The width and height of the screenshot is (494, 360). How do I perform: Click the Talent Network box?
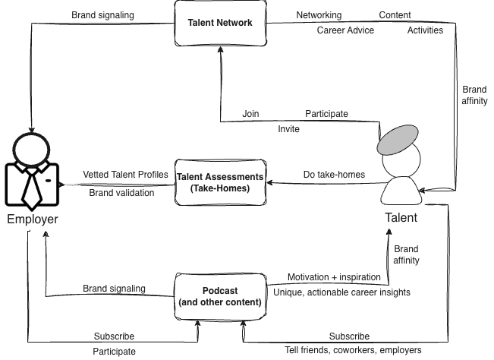(219, 23)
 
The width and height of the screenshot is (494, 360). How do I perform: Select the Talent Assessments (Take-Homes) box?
(219, 182)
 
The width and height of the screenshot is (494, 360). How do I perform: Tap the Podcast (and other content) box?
(219, 296)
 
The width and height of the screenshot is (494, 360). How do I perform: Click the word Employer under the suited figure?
(32, 219)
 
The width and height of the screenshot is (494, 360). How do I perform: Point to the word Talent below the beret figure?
(401, 217)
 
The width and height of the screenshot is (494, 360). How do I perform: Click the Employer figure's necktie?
(32, 188)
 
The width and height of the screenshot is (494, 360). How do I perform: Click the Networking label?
(319, 15)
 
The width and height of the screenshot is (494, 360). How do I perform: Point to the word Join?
(250, 114)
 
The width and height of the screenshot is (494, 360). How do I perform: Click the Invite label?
(288, 129)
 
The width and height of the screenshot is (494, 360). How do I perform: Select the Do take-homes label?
(334, 175)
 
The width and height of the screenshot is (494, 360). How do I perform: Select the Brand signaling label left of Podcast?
(114, 289)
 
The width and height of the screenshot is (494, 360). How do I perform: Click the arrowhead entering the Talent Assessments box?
(270, 183)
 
